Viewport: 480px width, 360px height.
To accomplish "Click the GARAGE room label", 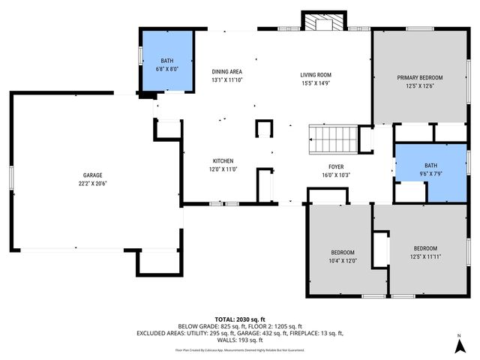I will click(92, 175).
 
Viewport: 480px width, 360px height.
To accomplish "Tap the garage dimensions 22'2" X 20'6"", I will click(92, 183).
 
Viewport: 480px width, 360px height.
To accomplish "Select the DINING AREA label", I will click(227, 71).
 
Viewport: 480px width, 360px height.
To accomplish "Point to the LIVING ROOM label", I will click(316, 75).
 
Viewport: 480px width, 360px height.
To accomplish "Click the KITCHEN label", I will click(223, 161).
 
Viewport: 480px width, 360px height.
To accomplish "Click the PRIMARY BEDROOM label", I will click(419, 77).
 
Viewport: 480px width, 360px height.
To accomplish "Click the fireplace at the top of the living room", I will click(324, 22).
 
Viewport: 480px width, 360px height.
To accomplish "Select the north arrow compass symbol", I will click(458, 346).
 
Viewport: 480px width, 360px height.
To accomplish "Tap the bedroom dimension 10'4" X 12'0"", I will click(343, 260).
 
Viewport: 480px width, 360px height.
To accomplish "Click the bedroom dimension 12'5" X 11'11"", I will click(425, 256).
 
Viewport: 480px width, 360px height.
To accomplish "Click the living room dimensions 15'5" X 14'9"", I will click(316, 83).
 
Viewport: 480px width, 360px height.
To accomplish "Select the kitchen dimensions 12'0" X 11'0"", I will click(223, 169).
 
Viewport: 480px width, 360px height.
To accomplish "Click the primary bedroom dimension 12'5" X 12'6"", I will click(419, 85).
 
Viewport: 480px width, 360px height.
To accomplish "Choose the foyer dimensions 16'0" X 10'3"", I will click(335, 175).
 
